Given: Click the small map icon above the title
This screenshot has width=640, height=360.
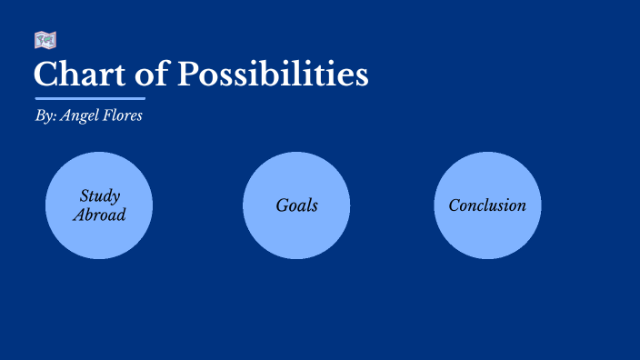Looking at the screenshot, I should pyautogui.click(x=45, y=40).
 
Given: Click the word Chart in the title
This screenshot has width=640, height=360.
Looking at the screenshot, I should pyautogui.click(x=72, y=74).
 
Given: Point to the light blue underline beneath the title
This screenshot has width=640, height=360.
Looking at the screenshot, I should pyautogui.click(x=90, y=97).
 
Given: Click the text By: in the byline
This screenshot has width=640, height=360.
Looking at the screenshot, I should pyautogui.click(x=45, y=117).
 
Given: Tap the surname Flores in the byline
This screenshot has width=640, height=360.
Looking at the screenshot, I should pyautogui.click(x=123, y=117).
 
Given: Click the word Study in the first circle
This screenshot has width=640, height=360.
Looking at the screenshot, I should pyautogui.click(x=100, y=195).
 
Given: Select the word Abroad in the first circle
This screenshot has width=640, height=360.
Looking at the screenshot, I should pyautogui.click(x=99, y=215).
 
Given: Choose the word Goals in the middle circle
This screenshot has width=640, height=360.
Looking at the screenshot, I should pyautogui.click(x=297, y=205).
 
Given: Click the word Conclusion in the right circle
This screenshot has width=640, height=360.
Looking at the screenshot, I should pyautogui.click(x=487, y=205).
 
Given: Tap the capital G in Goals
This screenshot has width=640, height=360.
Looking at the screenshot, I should pyautogui.click(x=282, y=205).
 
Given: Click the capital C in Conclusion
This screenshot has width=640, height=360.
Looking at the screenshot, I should pyautogui.click(x=455, y=205).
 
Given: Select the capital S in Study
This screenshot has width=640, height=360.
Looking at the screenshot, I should pyautogui.click(x=85, y=195).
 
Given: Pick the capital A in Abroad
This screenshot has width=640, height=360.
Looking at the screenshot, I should pyautogui.click(x=77, y=215).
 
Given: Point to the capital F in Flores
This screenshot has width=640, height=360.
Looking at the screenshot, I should pyautogui.click(x=109, y=117).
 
